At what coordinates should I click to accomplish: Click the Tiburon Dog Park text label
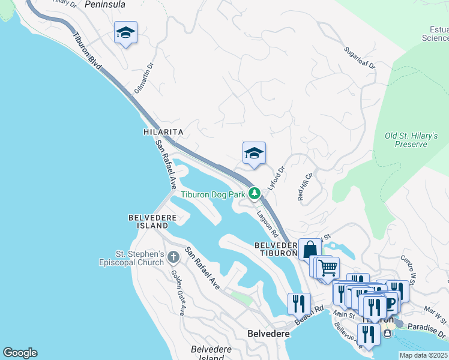[x=213, y=194]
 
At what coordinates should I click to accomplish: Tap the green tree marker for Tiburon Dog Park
[x=255, y=193]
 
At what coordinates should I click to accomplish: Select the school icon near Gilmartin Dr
[x=125, y=32]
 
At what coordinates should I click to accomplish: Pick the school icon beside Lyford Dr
[x=254, y=153]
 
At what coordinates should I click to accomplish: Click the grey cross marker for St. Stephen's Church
[x=173, y=257]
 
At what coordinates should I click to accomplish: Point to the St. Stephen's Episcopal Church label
[x=132, y=258]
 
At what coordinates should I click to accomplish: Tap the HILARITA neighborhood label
[x=163, y=131]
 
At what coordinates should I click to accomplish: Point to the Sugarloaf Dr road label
[x=360, y=58]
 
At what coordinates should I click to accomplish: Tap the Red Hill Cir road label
[x=304, y=187]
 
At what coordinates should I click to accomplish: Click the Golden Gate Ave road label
[x=178, y=292]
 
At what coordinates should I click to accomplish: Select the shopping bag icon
[x=310, y=250]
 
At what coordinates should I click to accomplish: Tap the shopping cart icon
[x=328, y=268]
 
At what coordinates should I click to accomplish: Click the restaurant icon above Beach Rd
[x=298, y=304]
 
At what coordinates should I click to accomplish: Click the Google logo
[x=20, y=353]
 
